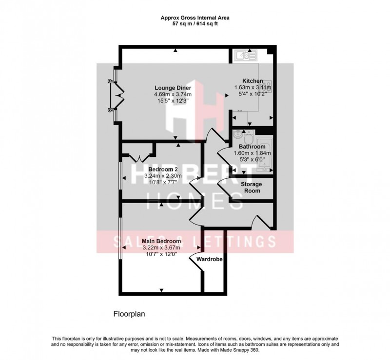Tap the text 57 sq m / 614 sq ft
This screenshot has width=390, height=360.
tap(195, 23)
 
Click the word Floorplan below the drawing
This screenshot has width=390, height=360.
tap(128, 314)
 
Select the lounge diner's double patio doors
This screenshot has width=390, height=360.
tap(117, 95)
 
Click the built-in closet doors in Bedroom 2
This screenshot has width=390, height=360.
tap(139, 156)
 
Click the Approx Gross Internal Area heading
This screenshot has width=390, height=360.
tap(195, 17)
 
